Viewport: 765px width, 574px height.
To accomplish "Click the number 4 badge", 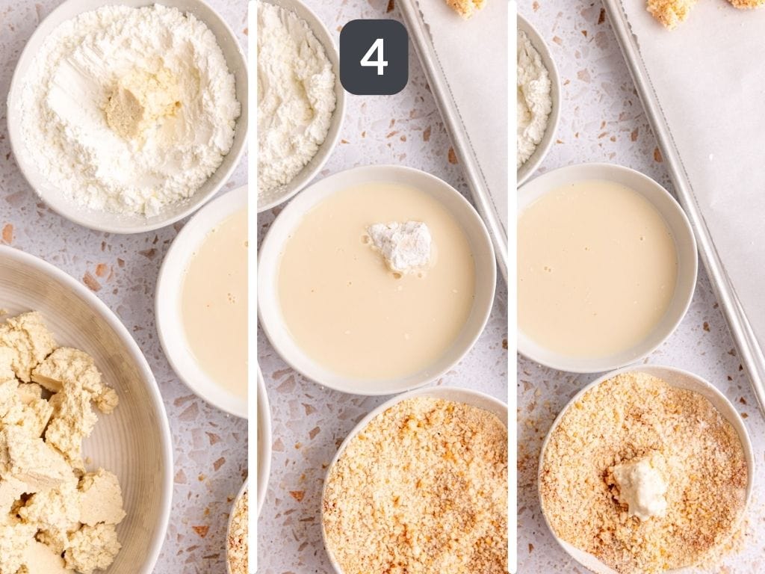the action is (374, 57).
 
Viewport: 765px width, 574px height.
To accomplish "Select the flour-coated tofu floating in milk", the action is (400, 245).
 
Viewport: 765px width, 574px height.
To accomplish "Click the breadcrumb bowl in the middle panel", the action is (415, 484).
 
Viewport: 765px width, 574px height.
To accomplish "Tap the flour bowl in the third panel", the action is (536, 98).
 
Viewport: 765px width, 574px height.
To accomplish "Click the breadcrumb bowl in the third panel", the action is (645, 471).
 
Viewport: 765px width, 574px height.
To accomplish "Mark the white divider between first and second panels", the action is (253, 287).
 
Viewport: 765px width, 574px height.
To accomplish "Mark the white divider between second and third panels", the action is (512, 287).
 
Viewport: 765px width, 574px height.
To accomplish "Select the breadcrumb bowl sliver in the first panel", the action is (238, 527).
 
